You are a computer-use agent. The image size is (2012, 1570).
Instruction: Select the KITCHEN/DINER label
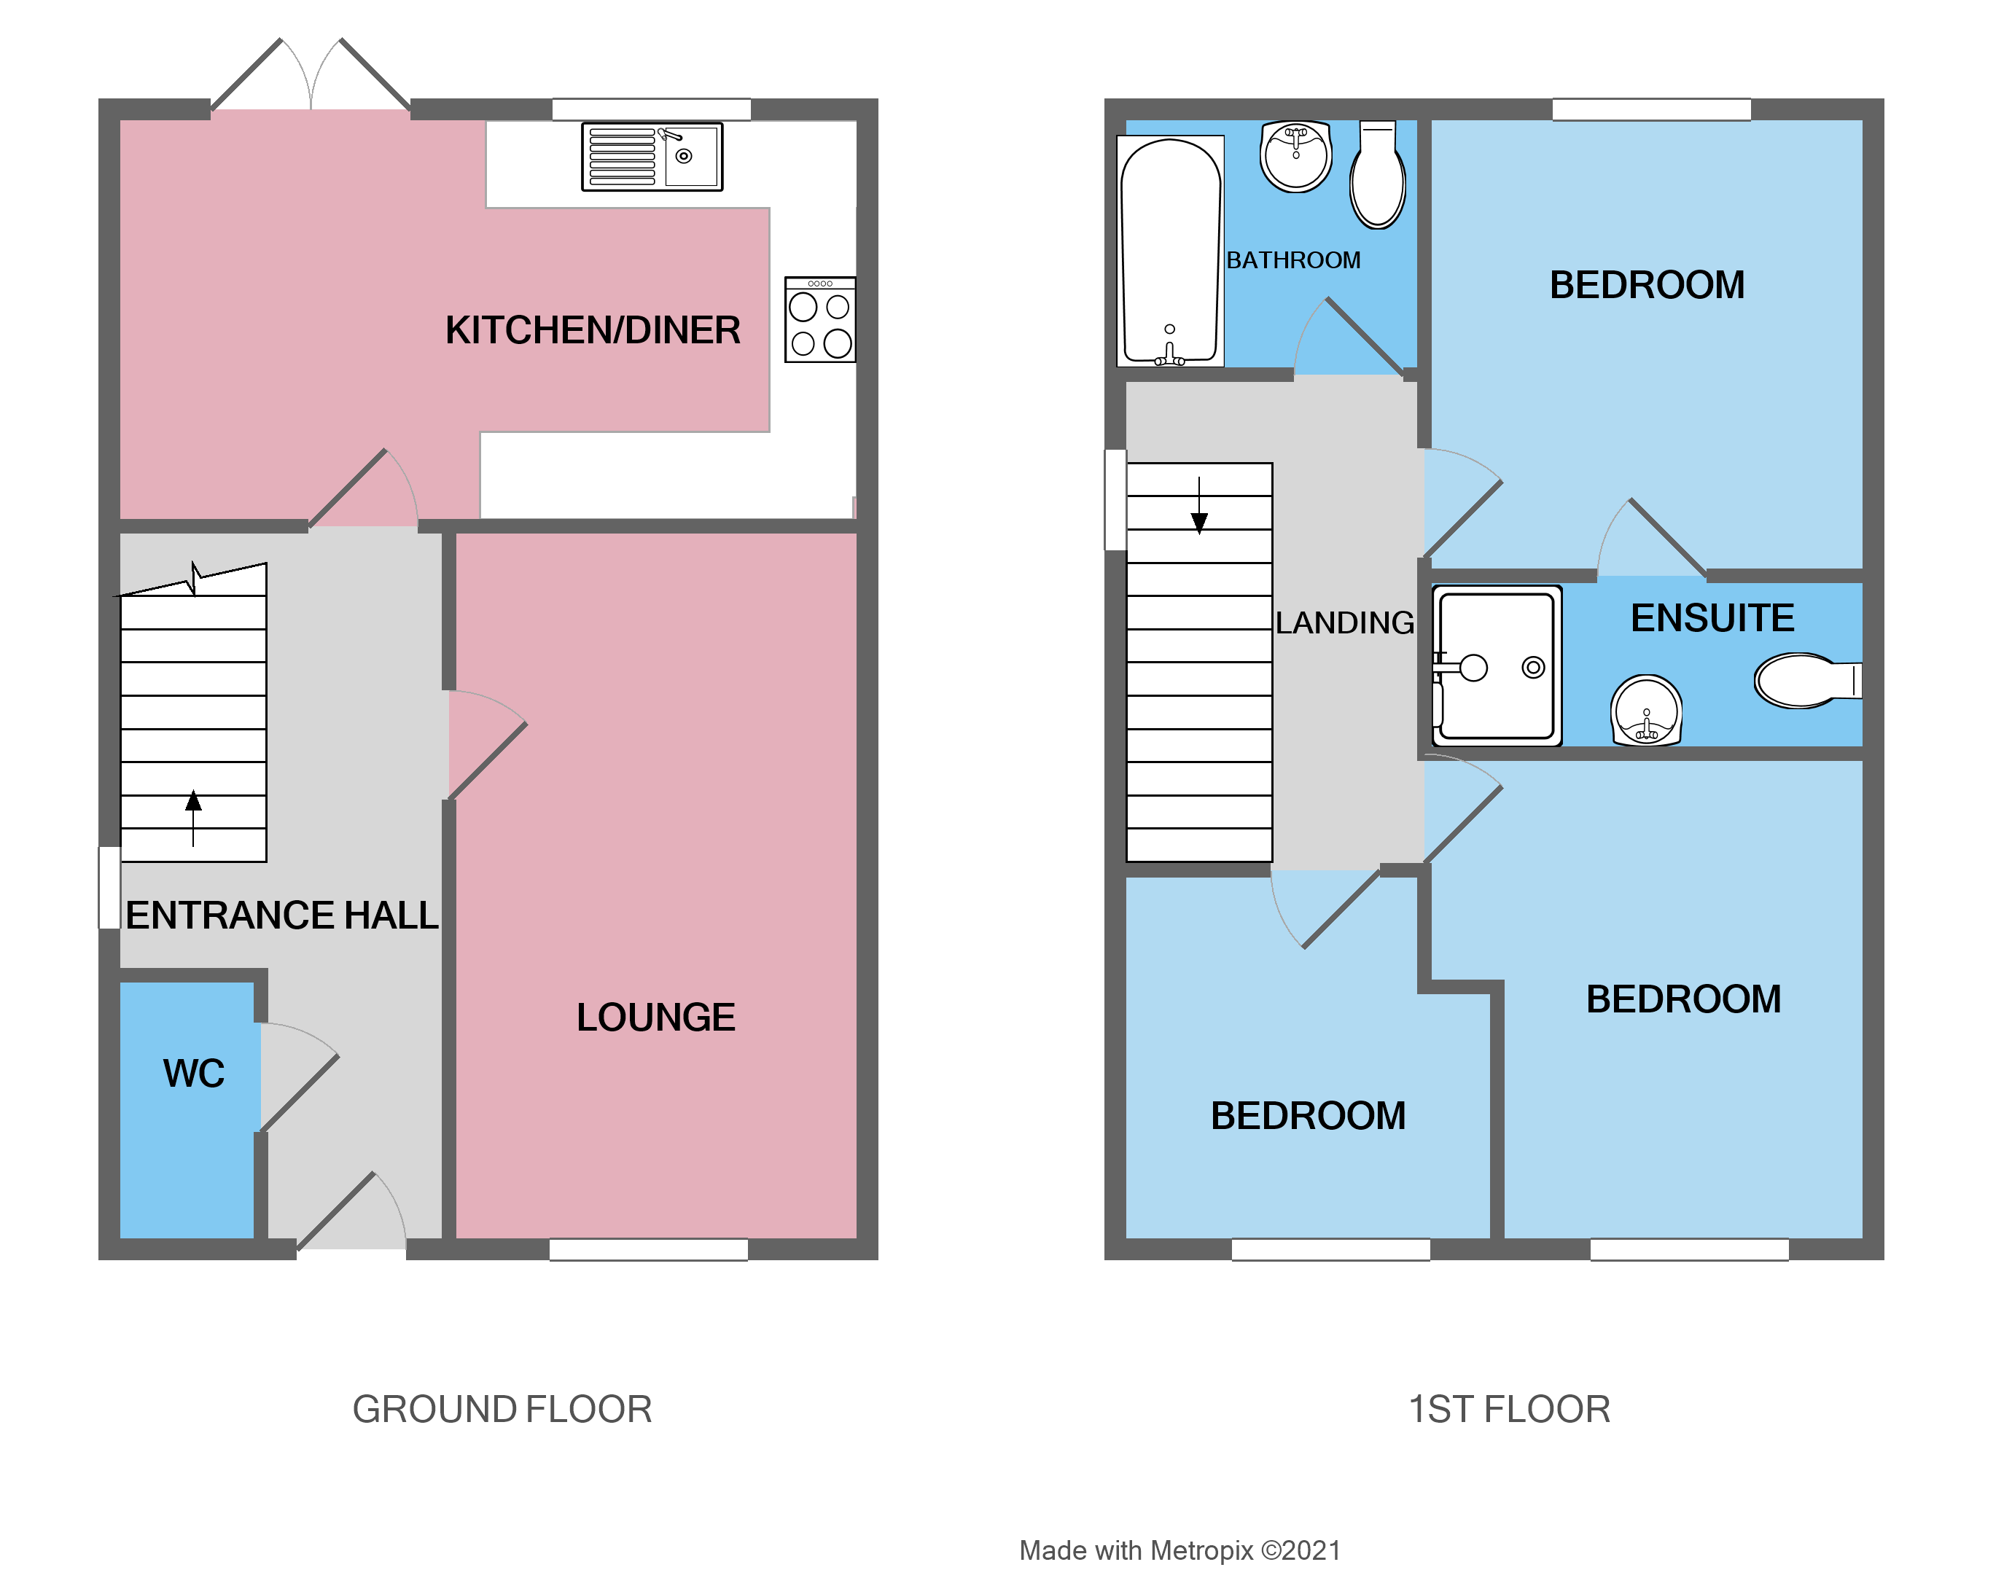coord(593,330)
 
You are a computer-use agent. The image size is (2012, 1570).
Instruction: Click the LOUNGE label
coord(655,1018)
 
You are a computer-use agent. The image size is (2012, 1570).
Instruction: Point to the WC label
coord(193,1074)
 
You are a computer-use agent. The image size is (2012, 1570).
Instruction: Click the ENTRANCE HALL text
coord(282,915)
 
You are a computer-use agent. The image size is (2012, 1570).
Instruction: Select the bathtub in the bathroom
coord(1170,251)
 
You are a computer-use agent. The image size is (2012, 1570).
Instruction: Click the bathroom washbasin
coord(1295,157)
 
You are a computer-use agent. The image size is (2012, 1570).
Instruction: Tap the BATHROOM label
coord(1292,261)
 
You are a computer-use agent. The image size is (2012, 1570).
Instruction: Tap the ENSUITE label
coord(1712,617)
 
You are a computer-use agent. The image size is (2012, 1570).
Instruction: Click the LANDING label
coord(1344,623)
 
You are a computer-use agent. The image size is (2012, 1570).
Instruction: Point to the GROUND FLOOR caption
coord(502,1409)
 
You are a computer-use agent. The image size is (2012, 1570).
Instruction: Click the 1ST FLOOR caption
coord(1509,1409)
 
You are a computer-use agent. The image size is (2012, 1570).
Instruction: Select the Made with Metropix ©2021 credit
coord(1179,1550)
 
